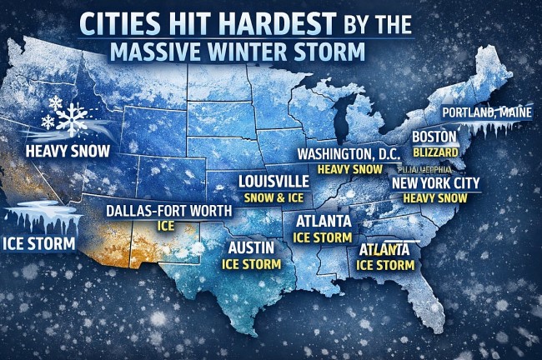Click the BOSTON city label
point(434,136)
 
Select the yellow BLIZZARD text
point(434,152)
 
